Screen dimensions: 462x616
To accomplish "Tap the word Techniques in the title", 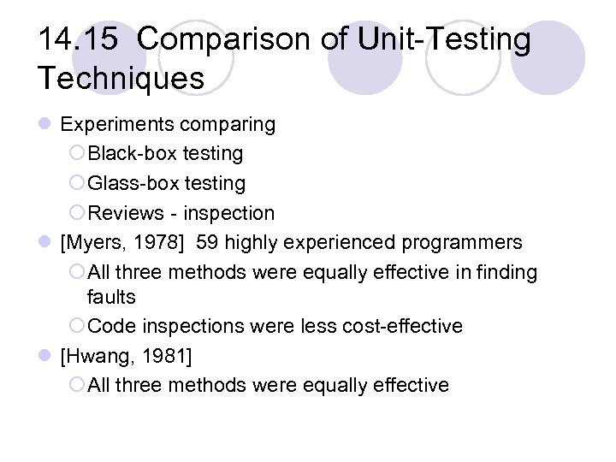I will (x=121, y=78).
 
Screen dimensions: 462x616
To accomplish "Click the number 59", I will (x=207, y=243).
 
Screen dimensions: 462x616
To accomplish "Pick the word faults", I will (x=111, y=297).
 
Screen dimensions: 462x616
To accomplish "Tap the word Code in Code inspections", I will (x=110, y=326).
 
